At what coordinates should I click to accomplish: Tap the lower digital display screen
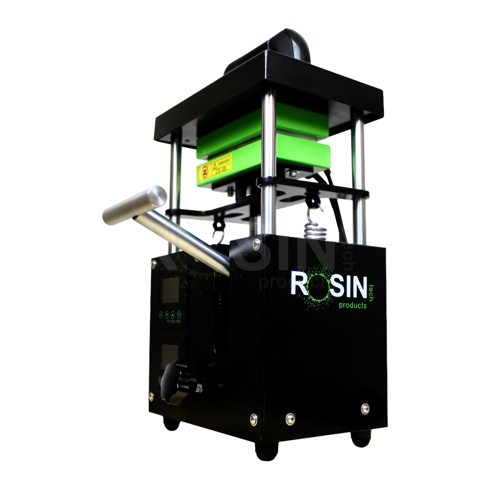166,353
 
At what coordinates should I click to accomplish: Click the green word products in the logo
352,305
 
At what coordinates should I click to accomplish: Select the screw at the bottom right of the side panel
364,408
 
